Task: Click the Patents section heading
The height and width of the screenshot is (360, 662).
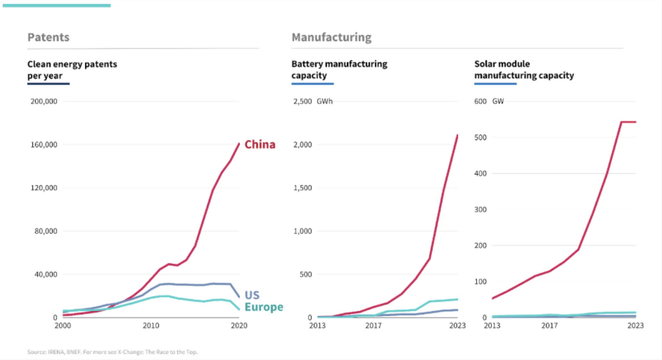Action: coord(48,37)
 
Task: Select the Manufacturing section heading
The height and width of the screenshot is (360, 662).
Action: coord(331,37)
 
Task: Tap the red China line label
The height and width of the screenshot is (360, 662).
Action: coord(260,144)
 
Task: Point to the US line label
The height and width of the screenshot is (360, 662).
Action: coord(252,295)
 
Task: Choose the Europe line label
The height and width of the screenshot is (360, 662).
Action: coord(263,307)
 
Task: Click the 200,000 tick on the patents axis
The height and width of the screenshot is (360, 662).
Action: coord(44,101)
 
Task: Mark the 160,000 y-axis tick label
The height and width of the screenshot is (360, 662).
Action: coord(44,145)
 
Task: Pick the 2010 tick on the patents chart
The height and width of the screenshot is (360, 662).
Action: coord(151,326)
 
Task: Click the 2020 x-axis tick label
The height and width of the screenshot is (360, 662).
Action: coord(239,326)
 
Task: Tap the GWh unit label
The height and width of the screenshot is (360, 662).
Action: coord(325,101)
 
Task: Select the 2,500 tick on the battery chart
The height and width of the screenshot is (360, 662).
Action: coord(303,101)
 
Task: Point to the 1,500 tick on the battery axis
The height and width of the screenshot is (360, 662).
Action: coord(303,188)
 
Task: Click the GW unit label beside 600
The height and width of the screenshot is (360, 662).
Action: coord(498,101)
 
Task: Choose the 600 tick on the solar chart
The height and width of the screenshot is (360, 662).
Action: coord(480,101)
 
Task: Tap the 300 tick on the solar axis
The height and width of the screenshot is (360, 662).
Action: coord(480,210)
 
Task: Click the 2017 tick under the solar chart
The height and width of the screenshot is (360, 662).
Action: coord(549,326)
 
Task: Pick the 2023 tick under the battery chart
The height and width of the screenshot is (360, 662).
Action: coord(457,326)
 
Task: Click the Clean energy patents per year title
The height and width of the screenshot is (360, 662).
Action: coord(72,69)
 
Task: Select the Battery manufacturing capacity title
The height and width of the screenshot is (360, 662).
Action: coord(339,69)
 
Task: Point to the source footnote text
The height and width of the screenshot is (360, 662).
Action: coord(112,352)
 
